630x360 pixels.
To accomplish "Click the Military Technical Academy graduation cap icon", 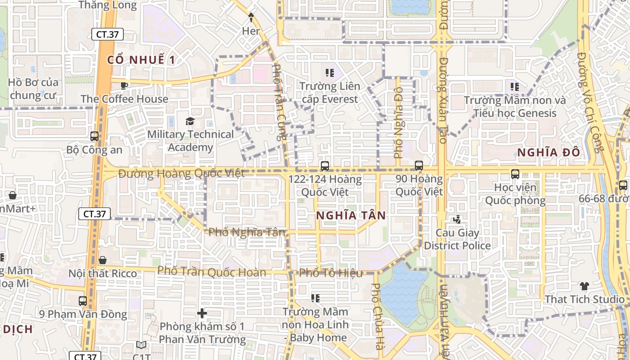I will coord(190,121).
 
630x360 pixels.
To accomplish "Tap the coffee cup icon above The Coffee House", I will coord(124,85).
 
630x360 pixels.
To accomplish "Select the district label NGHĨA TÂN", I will coord(351,216).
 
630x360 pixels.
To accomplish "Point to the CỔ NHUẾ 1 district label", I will coord(141,60).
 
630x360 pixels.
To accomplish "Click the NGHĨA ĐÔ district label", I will coord(549,153).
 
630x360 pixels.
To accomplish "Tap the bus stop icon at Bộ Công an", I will coord(94,136).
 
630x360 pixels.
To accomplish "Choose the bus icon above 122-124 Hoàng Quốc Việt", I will coord(325,166).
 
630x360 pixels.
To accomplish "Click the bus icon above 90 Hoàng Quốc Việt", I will coord(419,165).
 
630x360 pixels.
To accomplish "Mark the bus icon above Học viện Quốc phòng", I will coord(515,173).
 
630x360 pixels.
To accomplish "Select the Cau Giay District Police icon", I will coord(457,220).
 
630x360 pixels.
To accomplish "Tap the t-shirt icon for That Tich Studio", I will coord(584,286).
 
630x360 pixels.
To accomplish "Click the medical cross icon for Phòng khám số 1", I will coord(202,313).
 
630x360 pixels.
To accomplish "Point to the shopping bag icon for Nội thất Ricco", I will coord(103,260).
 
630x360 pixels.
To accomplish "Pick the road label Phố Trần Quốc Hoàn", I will coord(211,272).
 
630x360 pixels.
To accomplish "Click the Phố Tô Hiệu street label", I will coord(331,273).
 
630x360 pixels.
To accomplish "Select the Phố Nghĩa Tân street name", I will coord(247,232).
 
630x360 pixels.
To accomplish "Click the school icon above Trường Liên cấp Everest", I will coord(329,72).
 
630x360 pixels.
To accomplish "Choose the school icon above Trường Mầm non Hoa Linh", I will coord(315,298).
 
